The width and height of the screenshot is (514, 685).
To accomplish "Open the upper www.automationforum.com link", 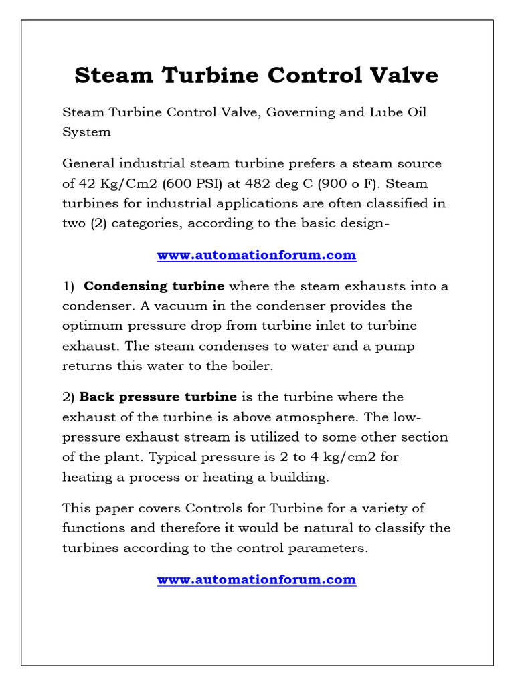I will (x=256, y=255).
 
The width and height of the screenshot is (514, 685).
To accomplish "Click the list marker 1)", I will (x=69, y=286).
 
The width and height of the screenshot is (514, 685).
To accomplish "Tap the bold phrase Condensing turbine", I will (x=154, y=286).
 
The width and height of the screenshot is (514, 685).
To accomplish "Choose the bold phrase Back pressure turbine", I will (x=167, y=397).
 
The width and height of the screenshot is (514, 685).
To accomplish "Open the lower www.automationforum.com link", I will (x=256, y=579).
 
